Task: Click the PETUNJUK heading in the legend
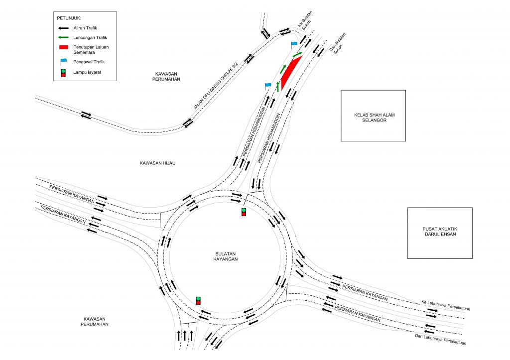pos(69,18)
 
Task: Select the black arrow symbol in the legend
pos(63,29)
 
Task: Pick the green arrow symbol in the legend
pos(63,38)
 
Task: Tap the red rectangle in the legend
pos(63,47)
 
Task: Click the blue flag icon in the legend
pos(63,62)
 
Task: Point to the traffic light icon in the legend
pos(63,73)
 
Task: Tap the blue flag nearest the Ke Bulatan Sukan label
pos(294,45)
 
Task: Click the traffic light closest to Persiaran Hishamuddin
pos(244,212)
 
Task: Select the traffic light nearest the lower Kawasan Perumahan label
pos(198,300)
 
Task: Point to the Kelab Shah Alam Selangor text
pos(373,118)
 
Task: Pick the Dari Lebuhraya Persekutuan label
pos(440,340)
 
